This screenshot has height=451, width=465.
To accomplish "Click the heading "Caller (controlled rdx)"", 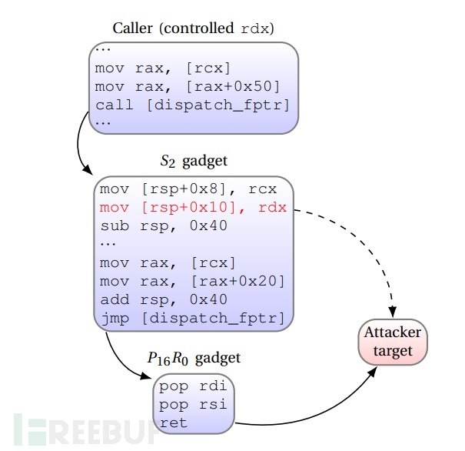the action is coord(193,28).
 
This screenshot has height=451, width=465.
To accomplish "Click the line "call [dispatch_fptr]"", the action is coord(192,105).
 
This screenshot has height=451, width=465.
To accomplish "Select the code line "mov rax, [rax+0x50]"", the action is coord(188,87).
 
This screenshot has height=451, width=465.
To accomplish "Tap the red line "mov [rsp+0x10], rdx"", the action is coord(193,208).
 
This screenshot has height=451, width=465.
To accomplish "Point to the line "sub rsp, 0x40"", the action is coord(164,226).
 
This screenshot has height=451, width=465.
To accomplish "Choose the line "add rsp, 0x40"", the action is coord(164,299).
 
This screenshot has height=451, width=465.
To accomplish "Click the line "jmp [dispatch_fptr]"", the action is coord(192,319).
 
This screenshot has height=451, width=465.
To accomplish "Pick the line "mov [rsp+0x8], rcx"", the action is coord(188,189).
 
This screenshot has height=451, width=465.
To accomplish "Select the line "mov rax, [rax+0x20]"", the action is coord(192,281).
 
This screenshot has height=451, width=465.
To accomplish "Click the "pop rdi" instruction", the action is coord(193,386).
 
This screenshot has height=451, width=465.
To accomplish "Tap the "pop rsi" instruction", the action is coord(193,405).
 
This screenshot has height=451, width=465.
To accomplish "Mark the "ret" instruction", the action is coord(173,423).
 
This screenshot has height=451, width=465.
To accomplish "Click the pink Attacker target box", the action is coord(393,342).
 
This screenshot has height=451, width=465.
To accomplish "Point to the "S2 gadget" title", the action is coord(194,161).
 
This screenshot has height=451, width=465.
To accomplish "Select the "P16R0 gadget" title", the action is coord(194,359).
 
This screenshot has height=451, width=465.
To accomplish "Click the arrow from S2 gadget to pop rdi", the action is coord(120,362).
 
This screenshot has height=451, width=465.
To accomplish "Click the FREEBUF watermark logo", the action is coord(87,429).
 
